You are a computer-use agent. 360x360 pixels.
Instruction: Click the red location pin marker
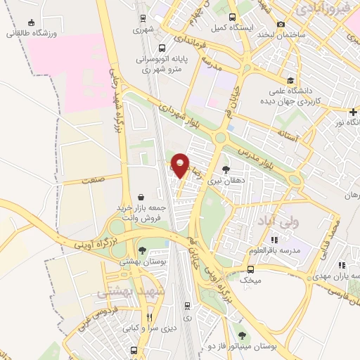(181, 165)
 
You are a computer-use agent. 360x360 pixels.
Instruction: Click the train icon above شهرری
(143, 20)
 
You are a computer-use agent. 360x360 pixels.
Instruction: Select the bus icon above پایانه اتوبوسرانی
(162, 49)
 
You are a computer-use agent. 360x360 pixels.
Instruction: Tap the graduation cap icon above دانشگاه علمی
(290, 81)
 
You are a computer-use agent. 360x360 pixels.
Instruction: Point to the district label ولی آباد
(265, 221)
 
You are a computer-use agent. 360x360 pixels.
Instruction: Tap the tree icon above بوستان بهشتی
(143, 250)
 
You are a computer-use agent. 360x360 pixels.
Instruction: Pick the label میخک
(251, 279)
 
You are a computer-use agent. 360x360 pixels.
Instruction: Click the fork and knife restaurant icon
(148, 316)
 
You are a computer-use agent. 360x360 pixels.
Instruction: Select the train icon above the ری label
(187, 305)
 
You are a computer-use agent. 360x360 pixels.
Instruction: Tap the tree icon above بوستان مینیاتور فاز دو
(243, 335)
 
